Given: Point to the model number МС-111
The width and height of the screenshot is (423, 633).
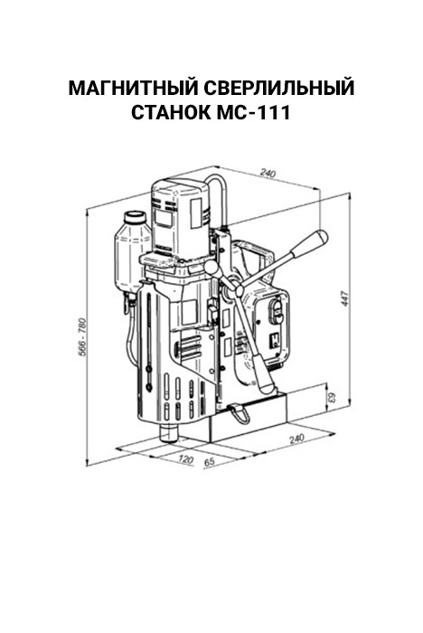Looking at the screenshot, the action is click(253, 113).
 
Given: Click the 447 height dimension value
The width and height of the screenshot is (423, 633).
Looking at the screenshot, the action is click(345, 298).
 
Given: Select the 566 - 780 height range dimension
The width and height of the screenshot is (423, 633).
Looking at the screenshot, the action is click(83, 337).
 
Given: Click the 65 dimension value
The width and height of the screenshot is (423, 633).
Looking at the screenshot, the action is click(209, 462).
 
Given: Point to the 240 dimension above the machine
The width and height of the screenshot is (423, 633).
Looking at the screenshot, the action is click(268, 174).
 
